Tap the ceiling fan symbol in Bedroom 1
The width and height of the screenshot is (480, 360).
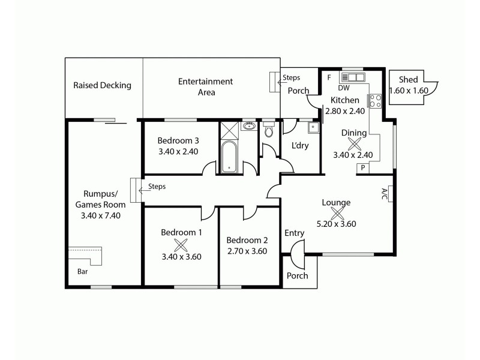[181, 244]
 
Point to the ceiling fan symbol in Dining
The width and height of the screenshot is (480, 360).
[355, 143]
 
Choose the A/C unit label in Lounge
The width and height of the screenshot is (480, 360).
[385, 193]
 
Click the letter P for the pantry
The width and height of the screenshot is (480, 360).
[362, 169]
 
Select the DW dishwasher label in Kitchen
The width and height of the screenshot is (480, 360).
[344, 88]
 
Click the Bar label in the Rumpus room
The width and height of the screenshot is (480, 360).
[82, 271]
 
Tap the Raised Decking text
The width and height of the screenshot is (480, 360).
[102, 85]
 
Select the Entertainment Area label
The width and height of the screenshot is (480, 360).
[205, 87]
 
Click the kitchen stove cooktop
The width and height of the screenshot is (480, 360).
[376, 101]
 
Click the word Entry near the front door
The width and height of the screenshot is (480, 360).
[294, 233]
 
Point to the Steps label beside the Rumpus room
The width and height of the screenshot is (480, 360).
[157, 187]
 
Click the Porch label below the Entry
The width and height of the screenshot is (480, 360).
[298, 275]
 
